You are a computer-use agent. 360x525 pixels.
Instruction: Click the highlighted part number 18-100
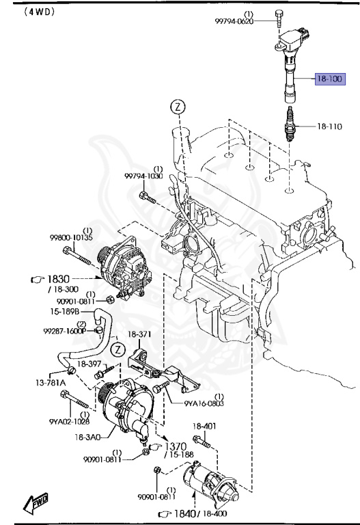click(x=330, y=79)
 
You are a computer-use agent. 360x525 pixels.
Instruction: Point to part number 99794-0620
click(x=234, y=21)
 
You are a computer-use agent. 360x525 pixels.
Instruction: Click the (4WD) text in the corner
click(x=20, y=12)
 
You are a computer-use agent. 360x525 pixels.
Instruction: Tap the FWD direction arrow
click(x=34, y=505)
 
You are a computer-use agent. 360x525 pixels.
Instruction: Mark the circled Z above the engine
click(x=178, y=107)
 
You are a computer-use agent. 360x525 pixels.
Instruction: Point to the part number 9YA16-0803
click(x=204, y=403)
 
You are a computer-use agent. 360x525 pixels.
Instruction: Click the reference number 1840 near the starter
click(x=189, y=513)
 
